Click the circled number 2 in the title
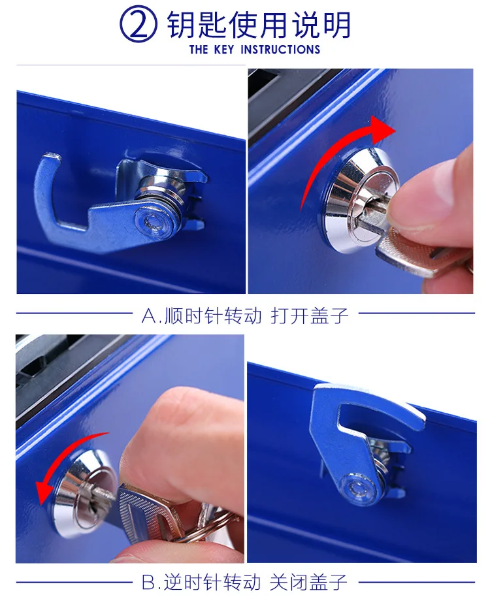tap(139, 25)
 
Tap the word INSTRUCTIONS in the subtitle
tap(280, 50)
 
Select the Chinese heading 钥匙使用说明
tap(259, 24)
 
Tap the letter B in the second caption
tap(149, 582)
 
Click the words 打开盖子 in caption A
tap(310, 315)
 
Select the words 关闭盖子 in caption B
tap(309, 582)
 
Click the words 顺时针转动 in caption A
tap(213, 315)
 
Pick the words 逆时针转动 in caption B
tap(213, 582)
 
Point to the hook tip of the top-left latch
tap(52, 157)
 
